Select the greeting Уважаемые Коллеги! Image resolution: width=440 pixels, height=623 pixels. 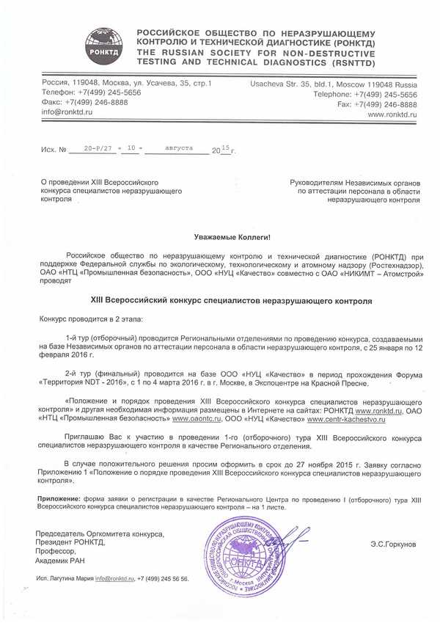pyautogui.click(x=232, y=237)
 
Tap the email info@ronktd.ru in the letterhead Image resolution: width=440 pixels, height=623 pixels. pyautogui.click(x=67, y=112)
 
